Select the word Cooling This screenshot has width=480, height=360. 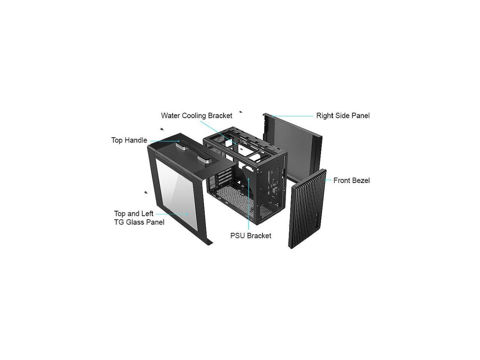click(x=194, y=115)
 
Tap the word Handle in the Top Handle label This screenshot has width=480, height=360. click(x=136, y=140)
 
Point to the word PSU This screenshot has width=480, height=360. click(x=237, y=236)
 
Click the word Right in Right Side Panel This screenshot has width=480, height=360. click(x=325, y=115)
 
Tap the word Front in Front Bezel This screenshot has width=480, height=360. click(x=342, y=180)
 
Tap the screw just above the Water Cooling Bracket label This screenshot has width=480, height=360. click(x=241, y=112)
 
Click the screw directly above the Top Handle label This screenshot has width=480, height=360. click(x=162, y=129)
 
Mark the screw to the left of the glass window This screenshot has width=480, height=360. click(x=146, y=193)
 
